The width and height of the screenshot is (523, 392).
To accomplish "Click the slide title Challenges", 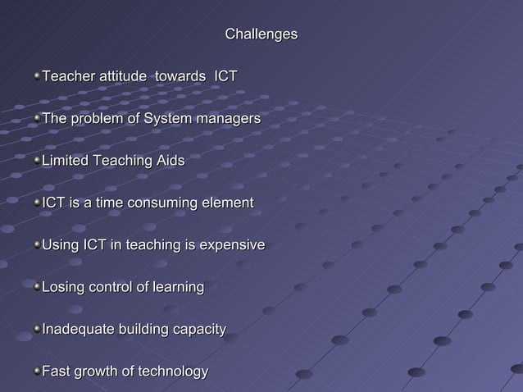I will (261, 34).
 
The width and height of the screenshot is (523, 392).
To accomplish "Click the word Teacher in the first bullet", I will (69, 77).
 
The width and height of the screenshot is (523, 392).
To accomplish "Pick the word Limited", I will (66, 162).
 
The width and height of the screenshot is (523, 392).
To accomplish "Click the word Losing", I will (64, 288).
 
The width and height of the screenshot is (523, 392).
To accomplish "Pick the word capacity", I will (197, 330).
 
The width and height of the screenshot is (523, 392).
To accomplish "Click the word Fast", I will (56, 372).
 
